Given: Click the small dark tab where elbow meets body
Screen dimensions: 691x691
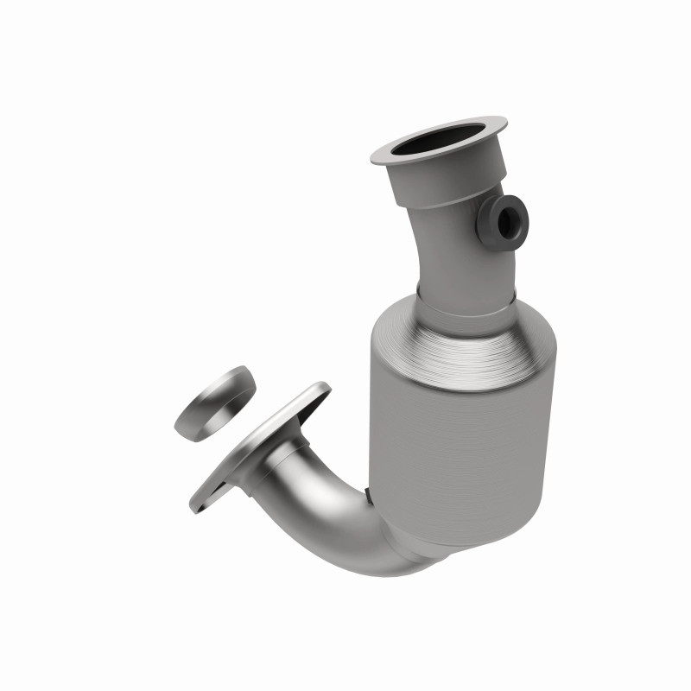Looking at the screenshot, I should tap(369, 496).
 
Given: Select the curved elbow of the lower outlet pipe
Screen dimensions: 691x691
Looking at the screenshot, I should tap(345, 527).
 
